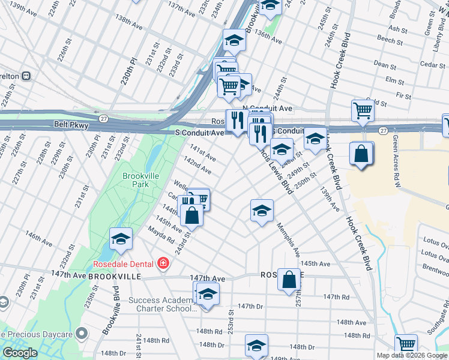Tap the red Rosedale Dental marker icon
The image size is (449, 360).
(162, 263)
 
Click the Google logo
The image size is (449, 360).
(20, 353)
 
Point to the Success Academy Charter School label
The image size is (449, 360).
(162, 304)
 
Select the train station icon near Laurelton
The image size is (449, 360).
(26, 76)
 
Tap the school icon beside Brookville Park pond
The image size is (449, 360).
(121, 239)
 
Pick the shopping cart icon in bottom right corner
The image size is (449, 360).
(406, 345)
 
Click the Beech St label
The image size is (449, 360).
(391, 40)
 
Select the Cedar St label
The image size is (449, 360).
(432, 64)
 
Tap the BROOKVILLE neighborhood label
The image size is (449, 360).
(114, 277)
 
